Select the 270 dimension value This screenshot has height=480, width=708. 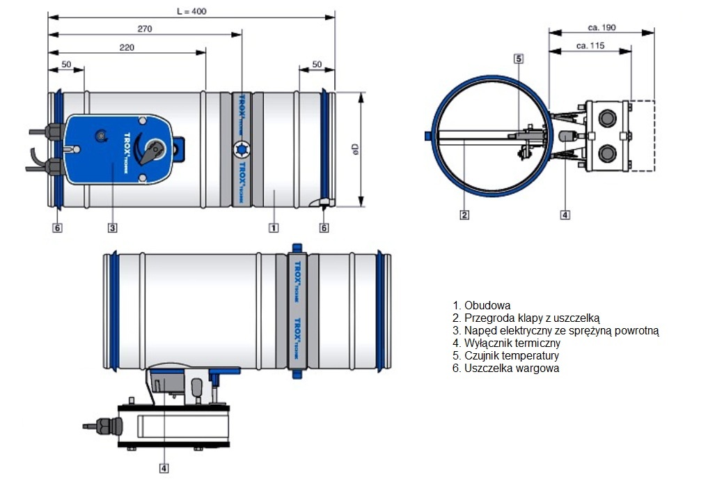[x=145, y=29]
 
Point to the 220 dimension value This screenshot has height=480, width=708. [x=127, y=47]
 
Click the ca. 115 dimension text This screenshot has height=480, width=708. [x=590, y=47]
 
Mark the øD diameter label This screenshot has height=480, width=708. [x=354, y=148]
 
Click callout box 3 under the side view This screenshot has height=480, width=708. [x=112, y=227]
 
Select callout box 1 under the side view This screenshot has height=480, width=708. [x=274, y=227]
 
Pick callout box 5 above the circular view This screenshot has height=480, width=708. [x=519, y=59]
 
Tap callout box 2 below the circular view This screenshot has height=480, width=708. [x=464, y=215]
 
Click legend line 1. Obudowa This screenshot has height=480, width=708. [x=482, y=305]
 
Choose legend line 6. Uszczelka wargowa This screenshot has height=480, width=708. [x=505, y=368]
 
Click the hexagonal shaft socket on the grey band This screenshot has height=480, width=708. [x=241, y=148]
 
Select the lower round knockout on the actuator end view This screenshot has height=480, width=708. [x=604, y=151]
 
